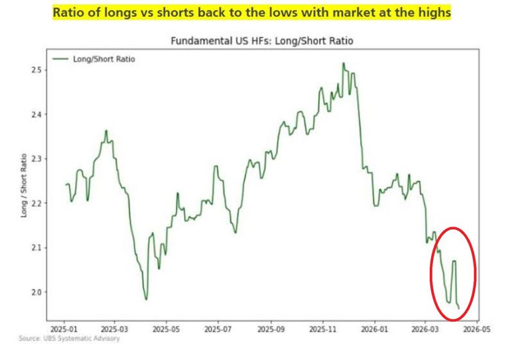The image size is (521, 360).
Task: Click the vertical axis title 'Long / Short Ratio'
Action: [x=24, y=186]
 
